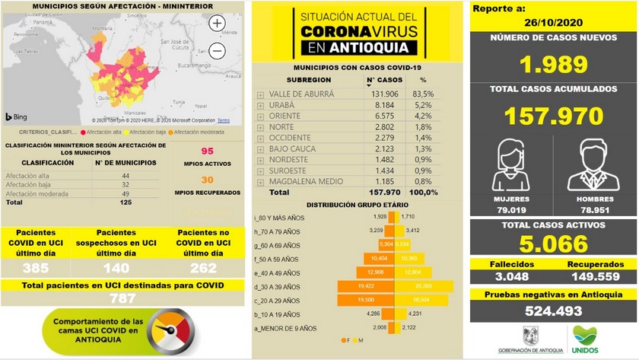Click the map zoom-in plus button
[x=217, y=24]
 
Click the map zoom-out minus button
[x=217, y=51]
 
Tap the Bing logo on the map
[x=17, y=116]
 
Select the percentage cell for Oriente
[x=423, y=116]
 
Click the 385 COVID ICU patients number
[x=37, y=268]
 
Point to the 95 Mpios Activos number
[x=207, y=152]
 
